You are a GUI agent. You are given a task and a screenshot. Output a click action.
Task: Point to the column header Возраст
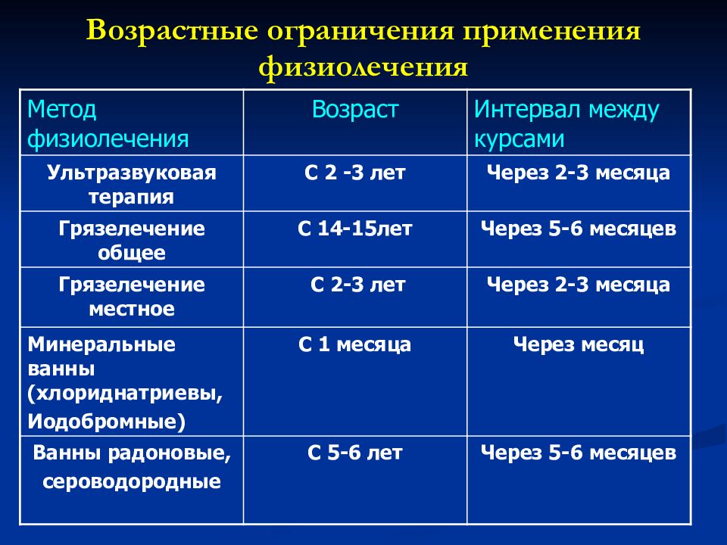pos(355,111)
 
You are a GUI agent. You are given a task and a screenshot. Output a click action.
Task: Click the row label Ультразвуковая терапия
pos(132,185)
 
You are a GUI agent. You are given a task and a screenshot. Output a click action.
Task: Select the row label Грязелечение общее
pos(132,241)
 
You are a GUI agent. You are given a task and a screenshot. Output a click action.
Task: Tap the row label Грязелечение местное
pos(132,297)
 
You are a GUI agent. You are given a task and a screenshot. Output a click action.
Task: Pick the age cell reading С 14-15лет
pos(355,229)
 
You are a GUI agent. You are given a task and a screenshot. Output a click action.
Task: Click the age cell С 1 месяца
pos(355,345)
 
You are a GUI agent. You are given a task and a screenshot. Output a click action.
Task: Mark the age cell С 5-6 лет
pos(355,453)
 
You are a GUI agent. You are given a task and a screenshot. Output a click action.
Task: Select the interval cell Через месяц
pos(579,345)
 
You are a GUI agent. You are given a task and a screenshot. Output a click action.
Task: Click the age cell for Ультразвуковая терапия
pos(355,173)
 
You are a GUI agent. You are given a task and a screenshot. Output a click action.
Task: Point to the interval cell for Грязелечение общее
pos(579,229)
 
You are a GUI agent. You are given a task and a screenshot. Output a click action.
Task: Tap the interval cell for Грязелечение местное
pos(579,285)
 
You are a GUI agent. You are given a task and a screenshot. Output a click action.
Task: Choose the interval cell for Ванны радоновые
pos(579,453)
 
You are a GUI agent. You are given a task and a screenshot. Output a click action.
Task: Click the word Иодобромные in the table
pos(106,420)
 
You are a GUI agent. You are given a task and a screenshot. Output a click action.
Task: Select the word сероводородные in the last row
pos(132,481)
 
